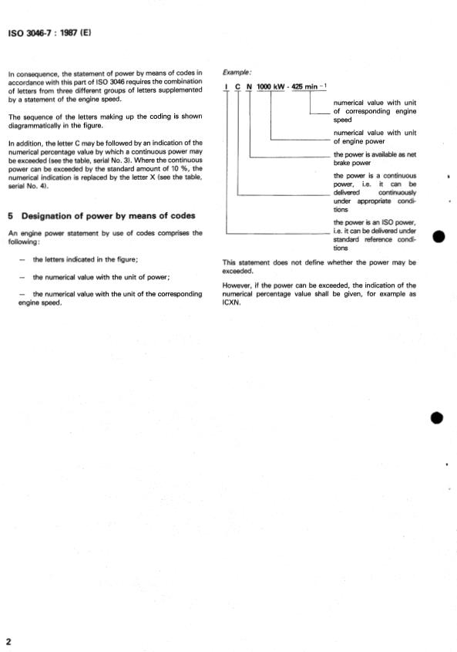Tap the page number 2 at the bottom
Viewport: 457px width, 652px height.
(x=8, y=643)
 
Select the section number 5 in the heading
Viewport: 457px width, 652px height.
(x=10, y=215)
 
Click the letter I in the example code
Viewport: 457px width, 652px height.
(x=227, y=86)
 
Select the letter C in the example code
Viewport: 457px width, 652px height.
(x=238, y=86)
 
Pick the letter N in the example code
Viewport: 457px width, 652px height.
(x=250, y=86)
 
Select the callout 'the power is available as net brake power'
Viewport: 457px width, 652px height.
(x=375, y=158)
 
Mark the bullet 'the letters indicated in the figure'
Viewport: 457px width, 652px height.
(x=85, y=260)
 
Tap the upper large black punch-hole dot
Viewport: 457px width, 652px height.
(x=438, y=237)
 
